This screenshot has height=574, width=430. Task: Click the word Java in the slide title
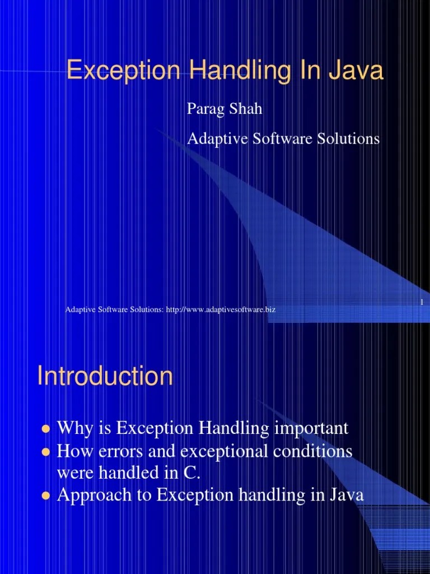tap(357, 72)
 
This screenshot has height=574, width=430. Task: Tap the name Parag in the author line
tap(204, 109)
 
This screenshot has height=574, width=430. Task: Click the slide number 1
tap(421, 303)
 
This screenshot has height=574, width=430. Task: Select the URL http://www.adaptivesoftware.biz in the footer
tap(221, 309)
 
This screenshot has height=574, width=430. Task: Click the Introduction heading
tap(105, 376)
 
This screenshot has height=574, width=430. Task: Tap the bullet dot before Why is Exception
tap(46, 429)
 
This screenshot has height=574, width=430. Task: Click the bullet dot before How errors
tap(46, 452)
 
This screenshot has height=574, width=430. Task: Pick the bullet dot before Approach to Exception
tap(46, 496)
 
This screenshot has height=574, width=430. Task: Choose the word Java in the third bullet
tap(347, 495)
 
